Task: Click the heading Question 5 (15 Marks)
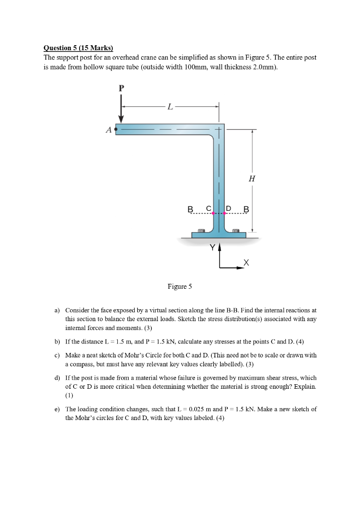click(x=79, y=48)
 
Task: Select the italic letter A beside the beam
click(x=108, y=130)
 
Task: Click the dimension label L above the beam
click(x=170, y=106)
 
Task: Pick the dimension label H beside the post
click(x=252, y=179)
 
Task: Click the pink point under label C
click(x=213, y=214)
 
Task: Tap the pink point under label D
click(x=225, y=214)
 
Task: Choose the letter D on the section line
click(x=229, y=208)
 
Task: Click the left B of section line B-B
click(x=189, y=209)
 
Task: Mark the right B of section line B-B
click(x=245, y=209)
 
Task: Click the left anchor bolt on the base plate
click(x=201, y=231)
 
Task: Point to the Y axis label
click(x=213, y=247)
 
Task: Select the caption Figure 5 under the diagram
click(x=180, y=286)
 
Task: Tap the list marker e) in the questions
click(x=57, y=409)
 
